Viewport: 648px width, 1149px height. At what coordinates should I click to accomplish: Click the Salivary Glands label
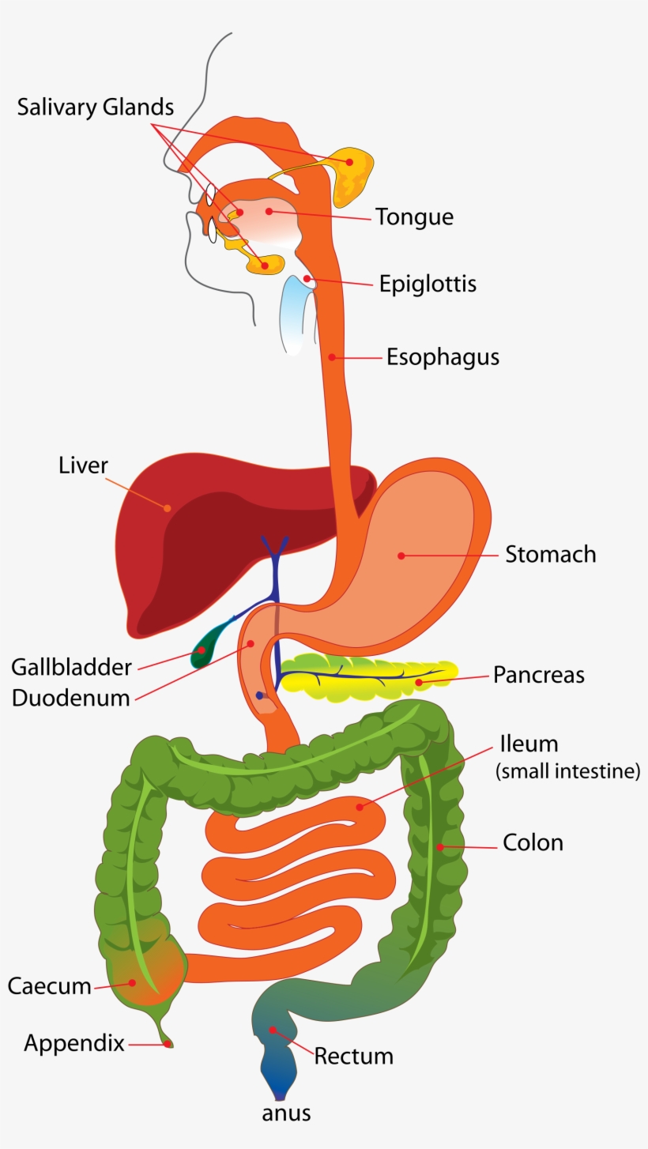[95, 107]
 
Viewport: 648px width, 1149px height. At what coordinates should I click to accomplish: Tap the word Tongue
[414, 217]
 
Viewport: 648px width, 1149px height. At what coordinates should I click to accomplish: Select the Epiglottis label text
[427, 283]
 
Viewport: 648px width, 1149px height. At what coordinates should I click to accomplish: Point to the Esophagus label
[443, 357]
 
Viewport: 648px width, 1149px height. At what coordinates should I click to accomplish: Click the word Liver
[83, 465]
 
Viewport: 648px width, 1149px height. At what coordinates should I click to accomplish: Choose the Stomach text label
[550, 554]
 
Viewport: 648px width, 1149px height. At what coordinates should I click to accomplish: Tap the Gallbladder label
[71, 667]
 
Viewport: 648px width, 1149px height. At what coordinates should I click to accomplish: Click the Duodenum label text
[70, 699]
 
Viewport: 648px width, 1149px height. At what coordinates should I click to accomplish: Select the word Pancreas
[538, 675]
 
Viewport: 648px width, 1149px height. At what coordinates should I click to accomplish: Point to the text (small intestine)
[567, 771]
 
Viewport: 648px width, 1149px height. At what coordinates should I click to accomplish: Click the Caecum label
[49, 985]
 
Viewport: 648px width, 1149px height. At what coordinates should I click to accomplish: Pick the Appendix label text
[74, 1043]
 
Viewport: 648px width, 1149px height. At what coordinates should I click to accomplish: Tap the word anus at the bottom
[286, 1113]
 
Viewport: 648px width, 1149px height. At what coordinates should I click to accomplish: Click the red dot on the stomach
[401, 556]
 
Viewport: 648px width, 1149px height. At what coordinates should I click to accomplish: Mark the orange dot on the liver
[167, 507]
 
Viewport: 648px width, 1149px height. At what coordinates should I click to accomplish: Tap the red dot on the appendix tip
[168, 1044]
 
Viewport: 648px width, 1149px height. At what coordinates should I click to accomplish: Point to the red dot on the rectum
[273, 1029]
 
